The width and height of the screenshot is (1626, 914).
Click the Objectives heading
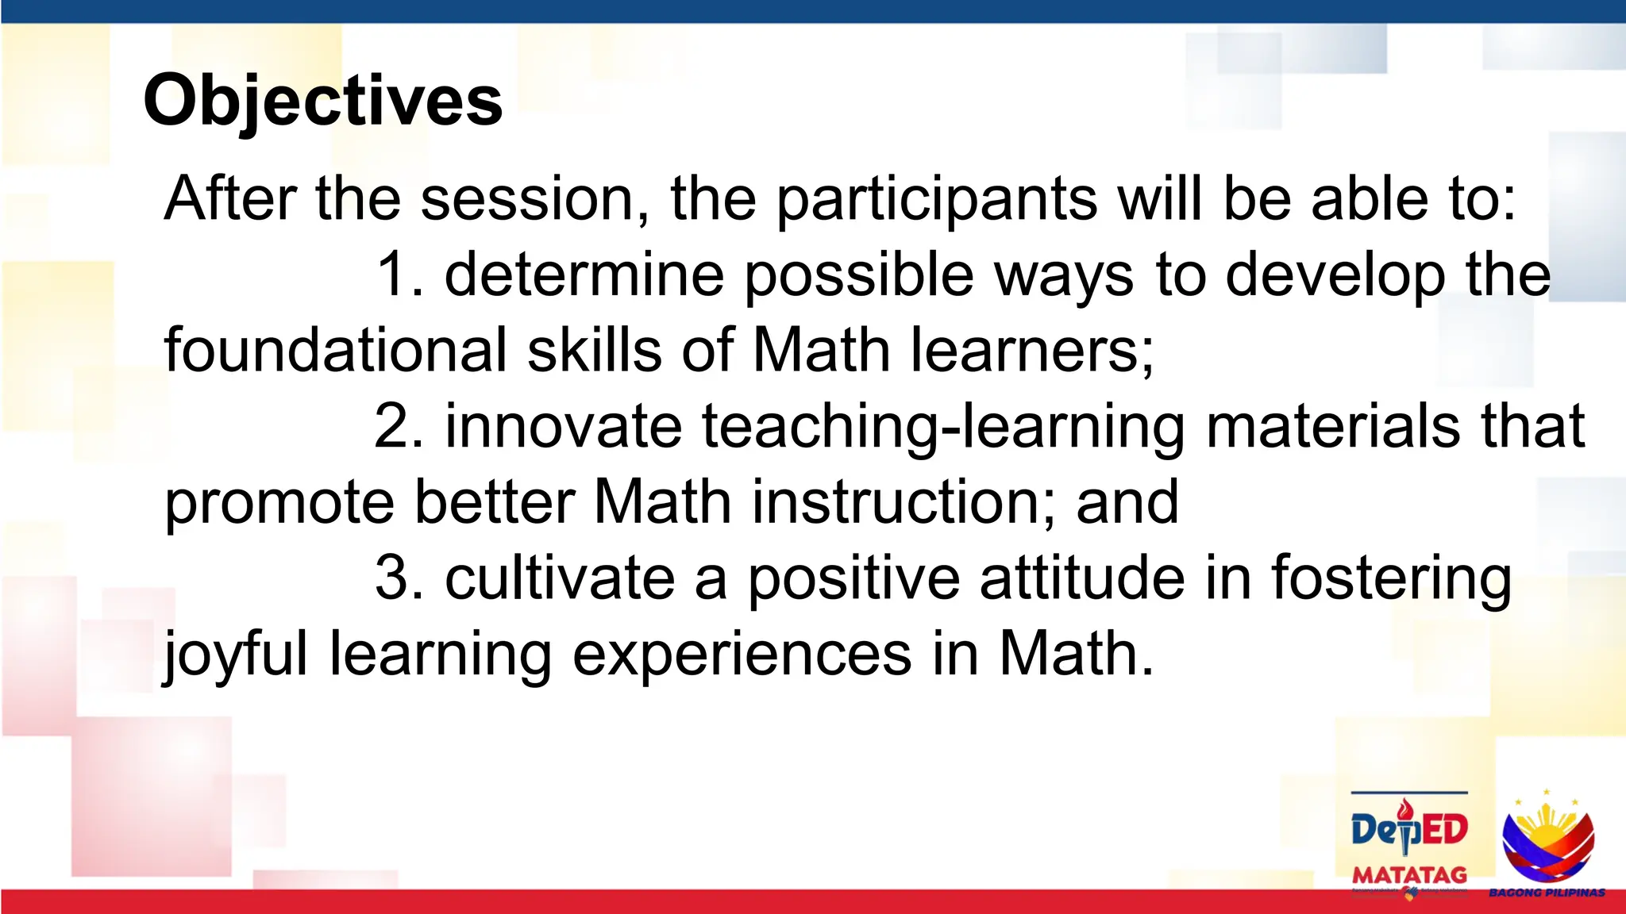click(322, 101)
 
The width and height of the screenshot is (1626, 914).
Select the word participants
click(937, 198)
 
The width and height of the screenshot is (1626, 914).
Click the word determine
click(584, 275)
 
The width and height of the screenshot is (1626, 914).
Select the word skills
click(594, 350)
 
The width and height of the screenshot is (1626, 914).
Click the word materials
click(1333, 427)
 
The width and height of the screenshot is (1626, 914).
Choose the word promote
click(279, 503)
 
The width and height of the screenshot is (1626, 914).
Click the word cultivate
click(560, 578)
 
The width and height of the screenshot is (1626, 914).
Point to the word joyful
click(235, 655)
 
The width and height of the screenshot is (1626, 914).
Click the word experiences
click(742, 655)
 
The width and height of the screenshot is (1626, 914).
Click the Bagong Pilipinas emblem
click(1547, 841)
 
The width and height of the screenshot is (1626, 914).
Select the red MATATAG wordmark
click(1409, 875)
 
